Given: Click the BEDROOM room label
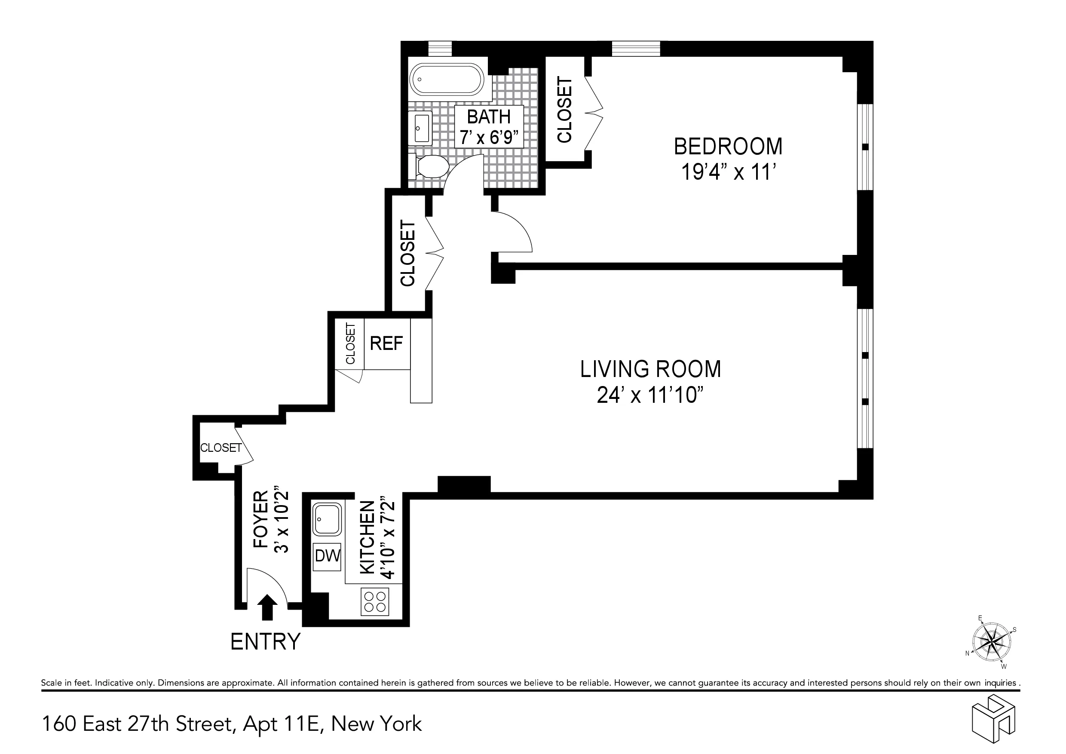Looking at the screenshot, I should (728, 146).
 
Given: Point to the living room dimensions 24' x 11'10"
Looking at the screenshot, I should (650, 395).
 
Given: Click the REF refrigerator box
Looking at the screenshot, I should (386, 343).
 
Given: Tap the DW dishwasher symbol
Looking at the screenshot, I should (327, 556).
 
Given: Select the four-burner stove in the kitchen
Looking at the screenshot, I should (374, 601).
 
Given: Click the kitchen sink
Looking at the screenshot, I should (327, 518).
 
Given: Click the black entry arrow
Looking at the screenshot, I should (267, 607).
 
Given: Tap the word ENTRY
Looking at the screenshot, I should (265, 642).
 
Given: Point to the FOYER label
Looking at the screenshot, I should (261, 520).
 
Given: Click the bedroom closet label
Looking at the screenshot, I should (564, 110).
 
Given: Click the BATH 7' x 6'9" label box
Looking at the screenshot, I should (489, 126).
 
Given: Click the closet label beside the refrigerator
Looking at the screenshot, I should (350, 343).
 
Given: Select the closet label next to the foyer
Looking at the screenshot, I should (221, 447).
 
